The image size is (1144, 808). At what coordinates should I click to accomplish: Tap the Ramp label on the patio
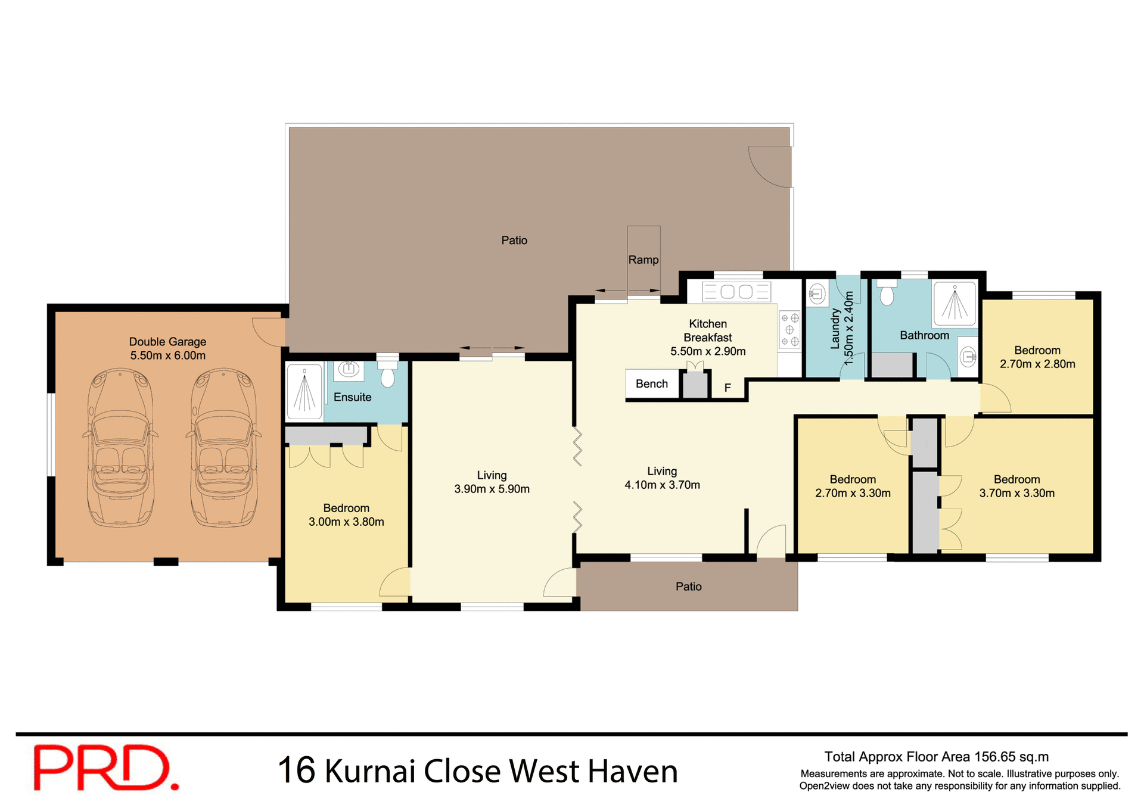click(643, 260)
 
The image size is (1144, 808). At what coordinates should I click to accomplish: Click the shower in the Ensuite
click(304, 391)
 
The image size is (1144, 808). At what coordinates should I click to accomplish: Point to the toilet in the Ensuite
click(388, 375)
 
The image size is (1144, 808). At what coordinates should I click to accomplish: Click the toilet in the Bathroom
click(887, 293)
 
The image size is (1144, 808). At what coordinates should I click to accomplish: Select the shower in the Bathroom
click(955, 304)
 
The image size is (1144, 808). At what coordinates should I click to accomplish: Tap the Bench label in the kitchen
click(652, 384)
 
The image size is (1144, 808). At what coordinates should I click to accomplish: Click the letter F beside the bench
click(728, 388)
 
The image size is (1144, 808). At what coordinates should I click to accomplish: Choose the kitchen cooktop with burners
click(790, 330)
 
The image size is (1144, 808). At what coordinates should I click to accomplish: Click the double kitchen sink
click(737, 292)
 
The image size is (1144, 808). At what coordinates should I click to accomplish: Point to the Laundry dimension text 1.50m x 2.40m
click(849, 328)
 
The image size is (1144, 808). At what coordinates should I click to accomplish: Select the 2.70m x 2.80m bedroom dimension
click(1037, 364)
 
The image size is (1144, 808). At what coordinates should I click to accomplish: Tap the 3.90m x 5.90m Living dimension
click(492, 489)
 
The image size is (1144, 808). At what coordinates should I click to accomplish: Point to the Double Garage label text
click(167, 342)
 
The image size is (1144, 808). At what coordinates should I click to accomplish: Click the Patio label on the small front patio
click(688, 586)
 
